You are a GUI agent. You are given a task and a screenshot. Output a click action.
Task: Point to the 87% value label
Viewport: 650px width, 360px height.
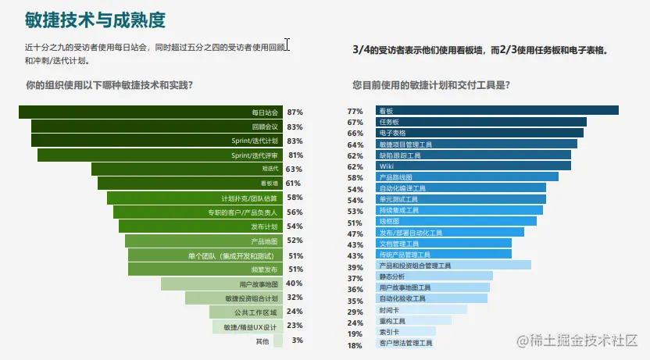[295, 112]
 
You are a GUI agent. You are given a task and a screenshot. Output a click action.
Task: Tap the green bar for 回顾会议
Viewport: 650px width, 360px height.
[156, 127]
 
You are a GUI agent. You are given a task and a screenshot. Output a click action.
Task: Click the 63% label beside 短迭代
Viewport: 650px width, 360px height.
[294, 169]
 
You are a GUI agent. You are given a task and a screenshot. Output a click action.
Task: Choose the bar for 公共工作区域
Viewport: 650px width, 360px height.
[246, 312]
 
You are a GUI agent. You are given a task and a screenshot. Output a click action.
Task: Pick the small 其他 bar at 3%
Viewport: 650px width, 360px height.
[277, 341]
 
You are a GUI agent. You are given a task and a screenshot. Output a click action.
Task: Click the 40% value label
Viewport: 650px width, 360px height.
[295, 283]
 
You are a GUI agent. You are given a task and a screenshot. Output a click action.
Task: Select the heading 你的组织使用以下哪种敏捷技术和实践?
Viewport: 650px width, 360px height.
[109, 84]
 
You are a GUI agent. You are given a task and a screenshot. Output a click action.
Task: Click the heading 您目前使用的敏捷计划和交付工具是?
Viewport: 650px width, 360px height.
[437, 84]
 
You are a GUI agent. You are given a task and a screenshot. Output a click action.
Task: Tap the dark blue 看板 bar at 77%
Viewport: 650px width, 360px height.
[497, 111]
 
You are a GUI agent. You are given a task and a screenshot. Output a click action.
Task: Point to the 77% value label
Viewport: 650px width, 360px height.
[355, 111]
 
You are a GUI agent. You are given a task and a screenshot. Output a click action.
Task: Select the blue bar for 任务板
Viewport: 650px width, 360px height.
[481, 122]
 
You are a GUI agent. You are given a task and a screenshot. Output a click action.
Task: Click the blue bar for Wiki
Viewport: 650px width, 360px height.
[473, 166]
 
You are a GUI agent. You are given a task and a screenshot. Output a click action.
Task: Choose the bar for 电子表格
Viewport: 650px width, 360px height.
[480, 133]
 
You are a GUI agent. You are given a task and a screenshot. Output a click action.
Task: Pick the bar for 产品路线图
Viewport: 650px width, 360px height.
[467, 177]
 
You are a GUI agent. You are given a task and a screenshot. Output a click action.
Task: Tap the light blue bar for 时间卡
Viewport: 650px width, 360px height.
[421, 309]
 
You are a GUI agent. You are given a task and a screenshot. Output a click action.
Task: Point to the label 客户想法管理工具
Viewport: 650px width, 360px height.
[405, 343]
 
